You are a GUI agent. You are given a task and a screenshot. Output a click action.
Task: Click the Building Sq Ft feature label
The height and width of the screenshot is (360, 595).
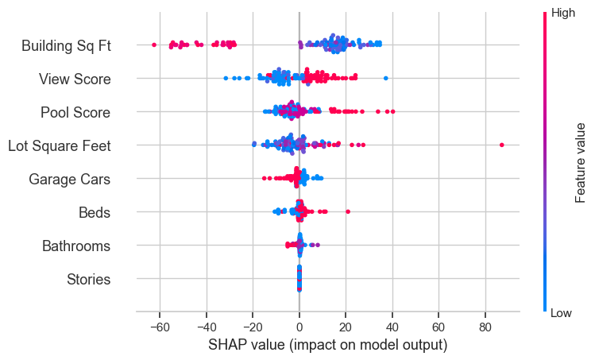[x=66, y=46]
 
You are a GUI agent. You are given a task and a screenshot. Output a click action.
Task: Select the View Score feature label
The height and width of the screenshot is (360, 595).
[x=75, y=79]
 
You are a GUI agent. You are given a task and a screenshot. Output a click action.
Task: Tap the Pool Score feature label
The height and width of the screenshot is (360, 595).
[x=75, y=113]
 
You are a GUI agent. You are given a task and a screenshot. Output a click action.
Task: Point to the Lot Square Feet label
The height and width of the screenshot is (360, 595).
[x=59, y=146]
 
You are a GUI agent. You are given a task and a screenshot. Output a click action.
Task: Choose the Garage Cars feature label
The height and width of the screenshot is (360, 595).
[x=69, y=180]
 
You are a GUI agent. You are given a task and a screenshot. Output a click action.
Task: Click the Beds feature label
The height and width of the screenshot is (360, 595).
[x=95, y=213]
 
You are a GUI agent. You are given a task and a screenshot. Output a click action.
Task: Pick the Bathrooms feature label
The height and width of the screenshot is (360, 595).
[x=76, y=246]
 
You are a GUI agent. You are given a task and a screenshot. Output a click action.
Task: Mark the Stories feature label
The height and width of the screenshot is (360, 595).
[x=88, y=280]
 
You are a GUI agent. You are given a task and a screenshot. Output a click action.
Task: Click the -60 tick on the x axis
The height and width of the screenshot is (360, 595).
[x=159, y=327]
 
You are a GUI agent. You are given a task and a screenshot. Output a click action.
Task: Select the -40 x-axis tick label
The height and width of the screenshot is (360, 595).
[x=206, y=327]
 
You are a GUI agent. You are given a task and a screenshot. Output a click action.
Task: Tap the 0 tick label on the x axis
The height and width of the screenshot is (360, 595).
[x=299, y=327]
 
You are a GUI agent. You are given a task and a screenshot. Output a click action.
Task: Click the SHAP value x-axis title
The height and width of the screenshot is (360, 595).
[x=327, y=346]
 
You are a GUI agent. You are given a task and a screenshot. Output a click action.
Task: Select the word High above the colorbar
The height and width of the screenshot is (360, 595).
[x=563, y=13]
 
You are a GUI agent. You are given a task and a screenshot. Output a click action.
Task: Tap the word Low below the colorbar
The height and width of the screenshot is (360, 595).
[x=562, y=313]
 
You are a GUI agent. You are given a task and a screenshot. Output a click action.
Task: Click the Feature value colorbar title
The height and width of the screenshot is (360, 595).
[x=581, y=163]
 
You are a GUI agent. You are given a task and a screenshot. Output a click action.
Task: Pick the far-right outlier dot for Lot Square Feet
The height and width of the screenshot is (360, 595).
[x=502, y=145]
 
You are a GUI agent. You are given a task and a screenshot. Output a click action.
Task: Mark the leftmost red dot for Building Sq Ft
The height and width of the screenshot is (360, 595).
[x=153, y=45]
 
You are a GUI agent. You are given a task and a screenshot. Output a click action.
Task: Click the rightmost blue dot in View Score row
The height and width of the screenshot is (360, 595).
[x=386, y=78]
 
